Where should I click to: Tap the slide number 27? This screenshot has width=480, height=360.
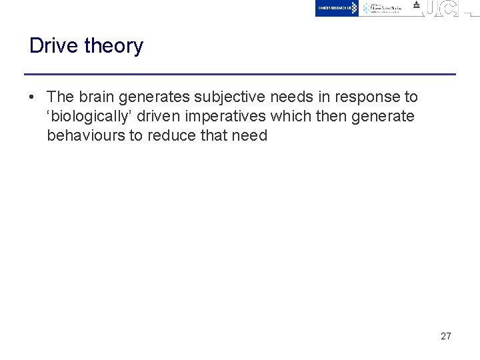click(446, 336)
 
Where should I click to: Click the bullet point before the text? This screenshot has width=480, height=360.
click(32, 97)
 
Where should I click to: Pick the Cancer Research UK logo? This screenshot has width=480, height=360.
click(337, 8)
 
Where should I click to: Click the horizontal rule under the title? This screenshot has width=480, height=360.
click(240, 74)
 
